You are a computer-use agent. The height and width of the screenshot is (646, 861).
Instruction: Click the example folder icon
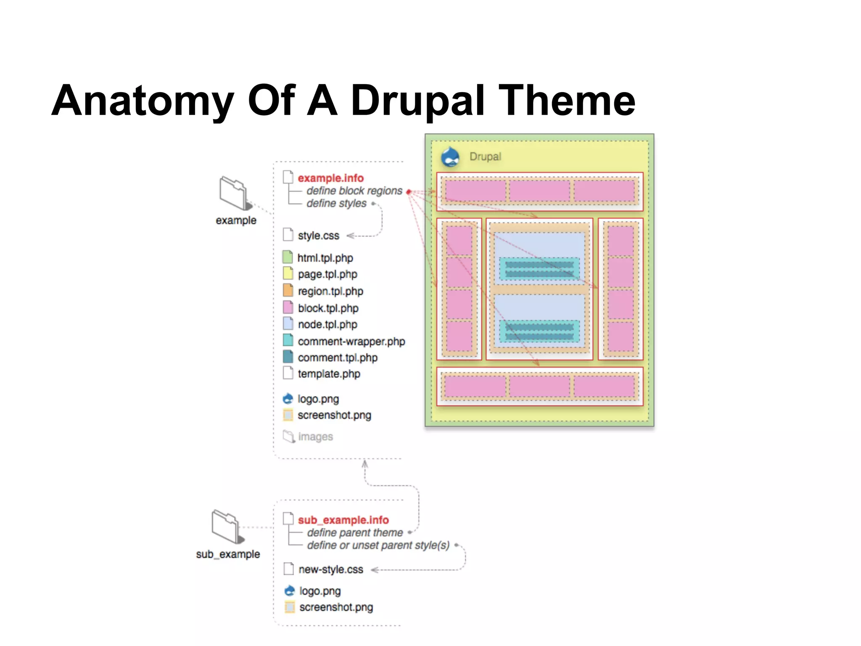pos(234,193)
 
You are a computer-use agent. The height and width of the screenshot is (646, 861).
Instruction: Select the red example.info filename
pos(330,178)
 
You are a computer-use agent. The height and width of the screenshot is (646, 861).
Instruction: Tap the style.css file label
pos(318,236)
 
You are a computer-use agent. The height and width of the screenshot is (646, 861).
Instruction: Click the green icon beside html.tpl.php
pos(288,257)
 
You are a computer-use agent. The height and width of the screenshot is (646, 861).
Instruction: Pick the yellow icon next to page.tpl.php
pos(288,273)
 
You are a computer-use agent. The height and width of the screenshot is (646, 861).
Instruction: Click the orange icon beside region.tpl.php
pos(288,290)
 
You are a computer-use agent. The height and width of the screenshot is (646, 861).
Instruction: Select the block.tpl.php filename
pos(328,308)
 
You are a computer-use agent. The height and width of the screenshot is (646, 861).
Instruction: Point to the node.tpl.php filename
pos(327,324)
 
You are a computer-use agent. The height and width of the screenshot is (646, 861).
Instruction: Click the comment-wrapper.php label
pos(351,341)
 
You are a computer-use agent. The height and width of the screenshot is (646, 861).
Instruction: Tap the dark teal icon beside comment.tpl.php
pos(288,357)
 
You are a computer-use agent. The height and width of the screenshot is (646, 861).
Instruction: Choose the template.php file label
pos(329,373)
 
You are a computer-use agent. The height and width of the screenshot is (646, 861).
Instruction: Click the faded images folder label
pos(315,437)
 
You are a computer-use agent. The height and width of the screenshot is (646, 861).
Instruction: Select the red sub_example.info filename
pos(343,520)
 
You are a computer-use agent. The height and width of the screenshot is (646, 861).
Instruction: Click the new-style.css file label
pos(330,569)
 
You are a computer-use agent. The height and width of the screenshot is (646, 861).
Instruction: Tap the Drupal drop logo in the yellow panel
pos(450,157)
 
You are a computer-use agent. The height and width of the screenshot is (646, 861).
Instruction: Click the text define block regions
pos(354,191)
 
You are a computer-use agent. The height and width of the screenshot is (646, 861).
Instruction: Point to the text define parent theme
pos(355,532)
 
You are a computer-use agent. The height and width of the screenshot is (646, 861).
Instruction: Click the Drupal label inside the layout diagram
pos(485,156)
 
